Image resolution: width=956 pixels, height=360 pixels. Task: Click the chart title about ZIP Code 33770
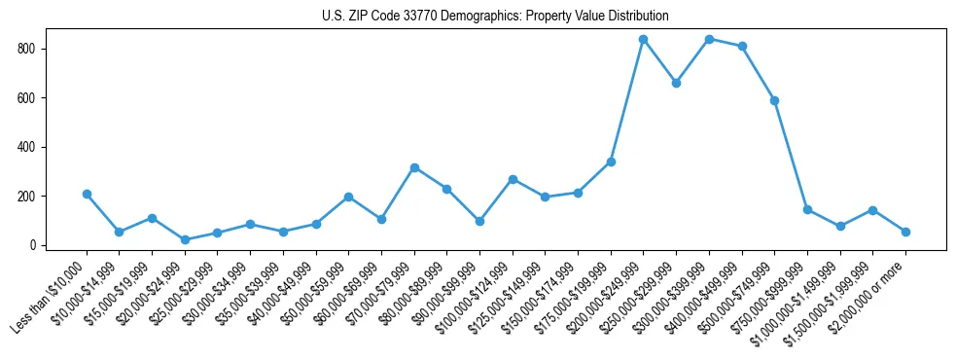pyautogui.click(x=495, y=16)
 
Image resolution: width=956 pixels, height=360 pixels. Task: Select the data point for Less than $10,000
pyautogui.click(x=87, y=194)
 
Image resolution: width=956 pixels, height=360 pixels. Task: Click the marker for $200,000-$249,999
pyautogui.click(x=643, y=39)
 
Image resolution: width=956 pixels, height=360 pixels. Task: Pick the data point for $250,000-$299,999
pyautogui.click(x=676, y=83)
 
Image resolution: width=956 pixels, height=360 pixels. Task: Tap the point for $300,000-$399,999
pyautogui.click(x=709, y=39)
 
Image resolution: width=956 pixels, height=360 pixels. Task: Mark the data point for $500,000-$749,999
pyautogui.click(x=774, y=100)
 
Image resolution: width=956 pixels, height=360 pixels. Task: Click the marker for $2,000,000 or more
pyautogui.click(x=905, y=232)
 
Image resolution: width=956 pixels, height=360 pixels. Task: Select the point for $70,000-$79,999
pyautogui.click(x=414, y=167)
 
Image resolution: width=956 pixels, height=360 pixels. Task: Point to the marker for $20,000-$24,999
pyautogui.click(x=185, y=239)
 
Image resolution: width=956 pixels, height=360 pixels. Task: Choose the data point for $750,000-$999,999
pyautogui.click(x=807, y=209)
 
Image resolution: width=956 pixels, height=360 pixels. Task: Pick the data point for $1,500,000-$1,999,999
pyautogui.click(x=872, y=210)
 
